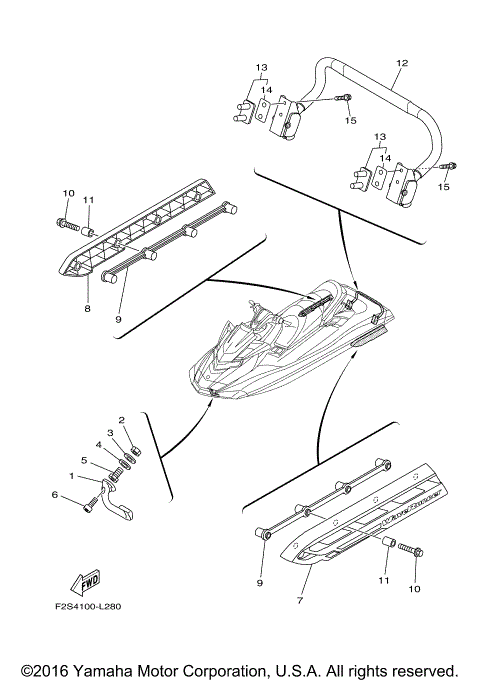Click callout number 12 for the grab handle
coord(401,63)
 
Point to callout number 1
coord(71,475)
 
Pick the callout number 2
coord(121,420)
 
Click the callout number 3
coord(111,433)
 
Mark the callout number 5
coord(86,461)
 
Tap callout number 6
coord(54,494)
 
